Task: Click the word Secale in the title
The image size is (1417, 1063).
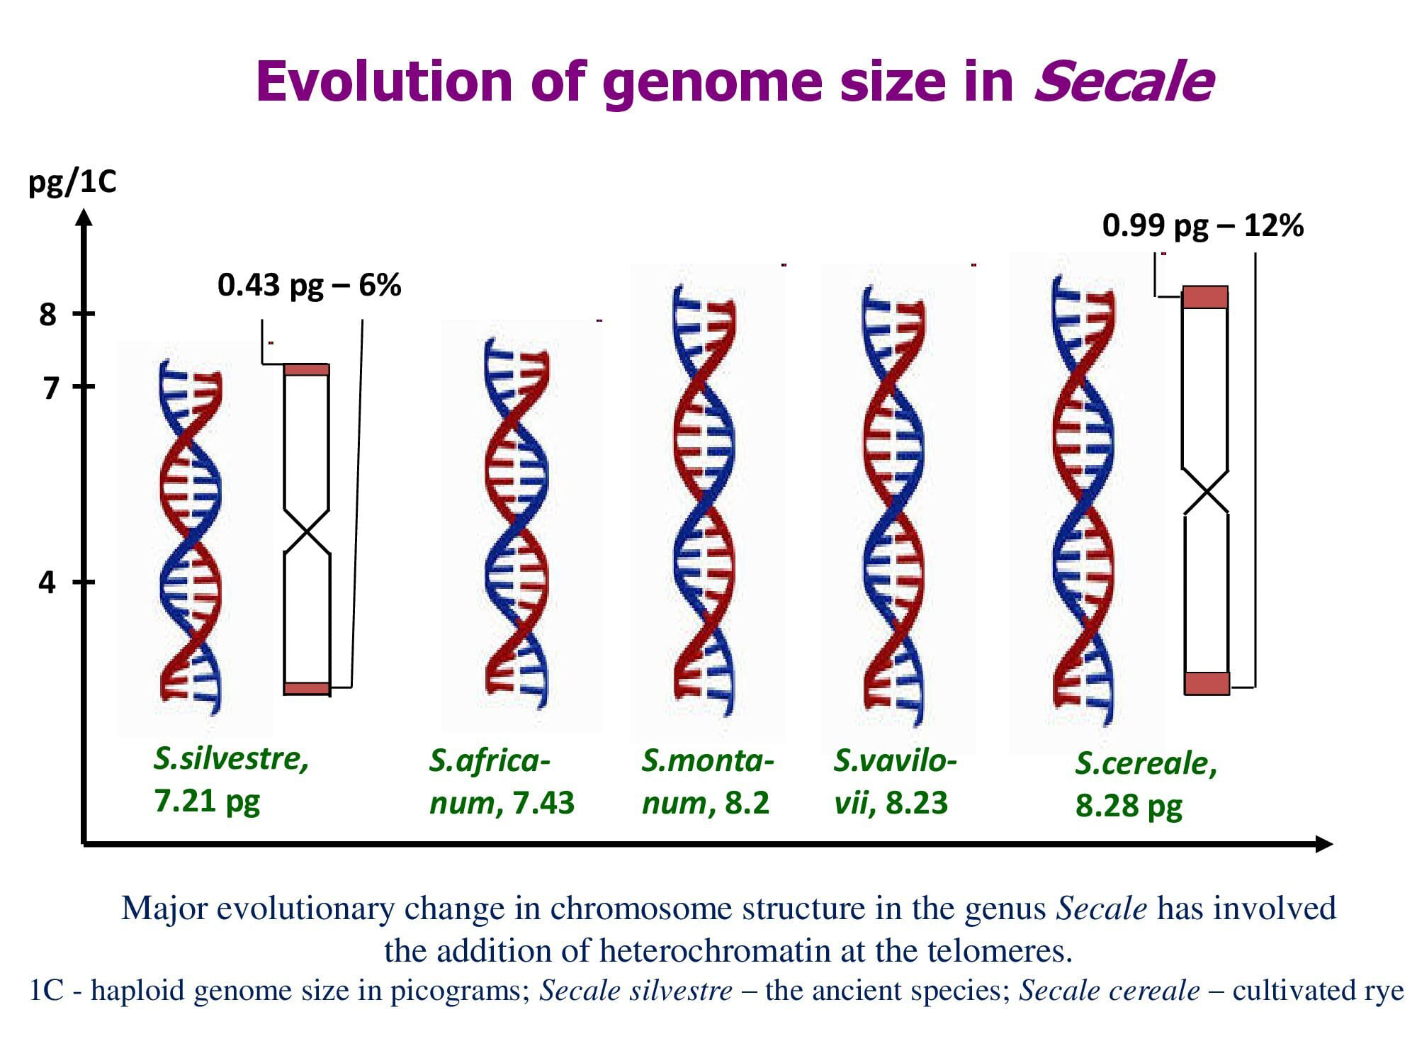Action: (1123, 82)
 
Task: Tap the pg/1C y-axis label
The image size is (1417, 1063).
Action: (72, 183)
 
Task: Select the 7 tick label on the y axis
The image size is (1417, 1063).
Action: (49, 388)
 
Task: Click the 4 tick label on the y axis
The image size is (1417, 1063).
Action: (47, 583)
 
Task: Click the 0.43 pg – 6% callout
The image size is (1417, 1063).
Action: (309, 285)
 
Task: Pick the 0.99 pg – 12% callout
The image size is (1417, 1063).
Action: (1202, 225)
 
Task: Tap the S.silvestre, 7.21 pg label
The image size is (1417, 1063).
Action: (231, 780)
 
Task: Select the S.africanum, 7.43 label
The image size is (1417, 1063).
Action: (502, 782)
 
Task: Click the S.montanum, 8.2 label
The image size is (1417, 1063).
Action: (707, 782)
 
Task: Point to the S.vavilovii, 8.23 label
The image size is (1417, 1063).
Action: (894, 782)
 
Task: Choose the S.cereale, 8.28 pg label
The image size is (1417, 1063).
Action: (1146, 784)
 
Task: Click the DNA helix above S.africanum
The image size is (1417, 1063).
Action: (516, 524)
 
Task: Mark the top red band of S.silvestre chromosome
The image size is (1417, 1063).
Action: (307, 369)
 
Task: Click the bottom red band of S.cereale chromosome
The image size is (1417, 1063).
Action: (1207, 683)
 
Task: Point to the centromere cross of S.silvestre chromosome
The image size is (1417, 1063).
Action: (307, 531)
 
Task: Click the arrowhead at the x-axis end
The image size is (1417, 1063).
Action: (1323, 844)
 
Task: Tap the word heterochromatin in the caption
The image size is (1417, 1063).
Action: (714, 950)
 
